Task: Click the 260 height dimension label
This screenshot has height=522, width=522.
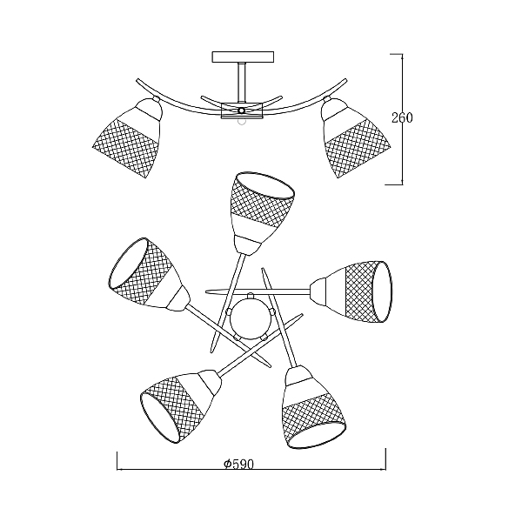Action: [x=401, y=117]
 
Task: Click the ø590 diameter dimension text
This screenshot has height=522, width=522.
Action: [x=238, y=464]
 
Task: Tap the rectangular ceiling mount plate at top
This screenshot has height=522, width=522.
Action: [x=243, y=57]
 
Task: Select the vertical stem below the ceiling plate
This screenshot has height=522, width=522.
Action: [x=242, y=83]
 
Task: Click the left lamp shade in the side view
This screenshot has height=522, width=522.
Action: [x=128, y=137]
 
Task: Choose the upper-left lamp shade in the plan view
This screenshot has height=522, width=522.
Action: [x=148, y=275]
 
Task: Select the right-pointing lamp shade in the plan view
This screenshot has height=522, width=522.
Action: [x=351, y=292]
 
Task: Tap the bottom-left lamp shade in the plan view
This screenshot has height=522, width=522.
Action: [x=180, y=405]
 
